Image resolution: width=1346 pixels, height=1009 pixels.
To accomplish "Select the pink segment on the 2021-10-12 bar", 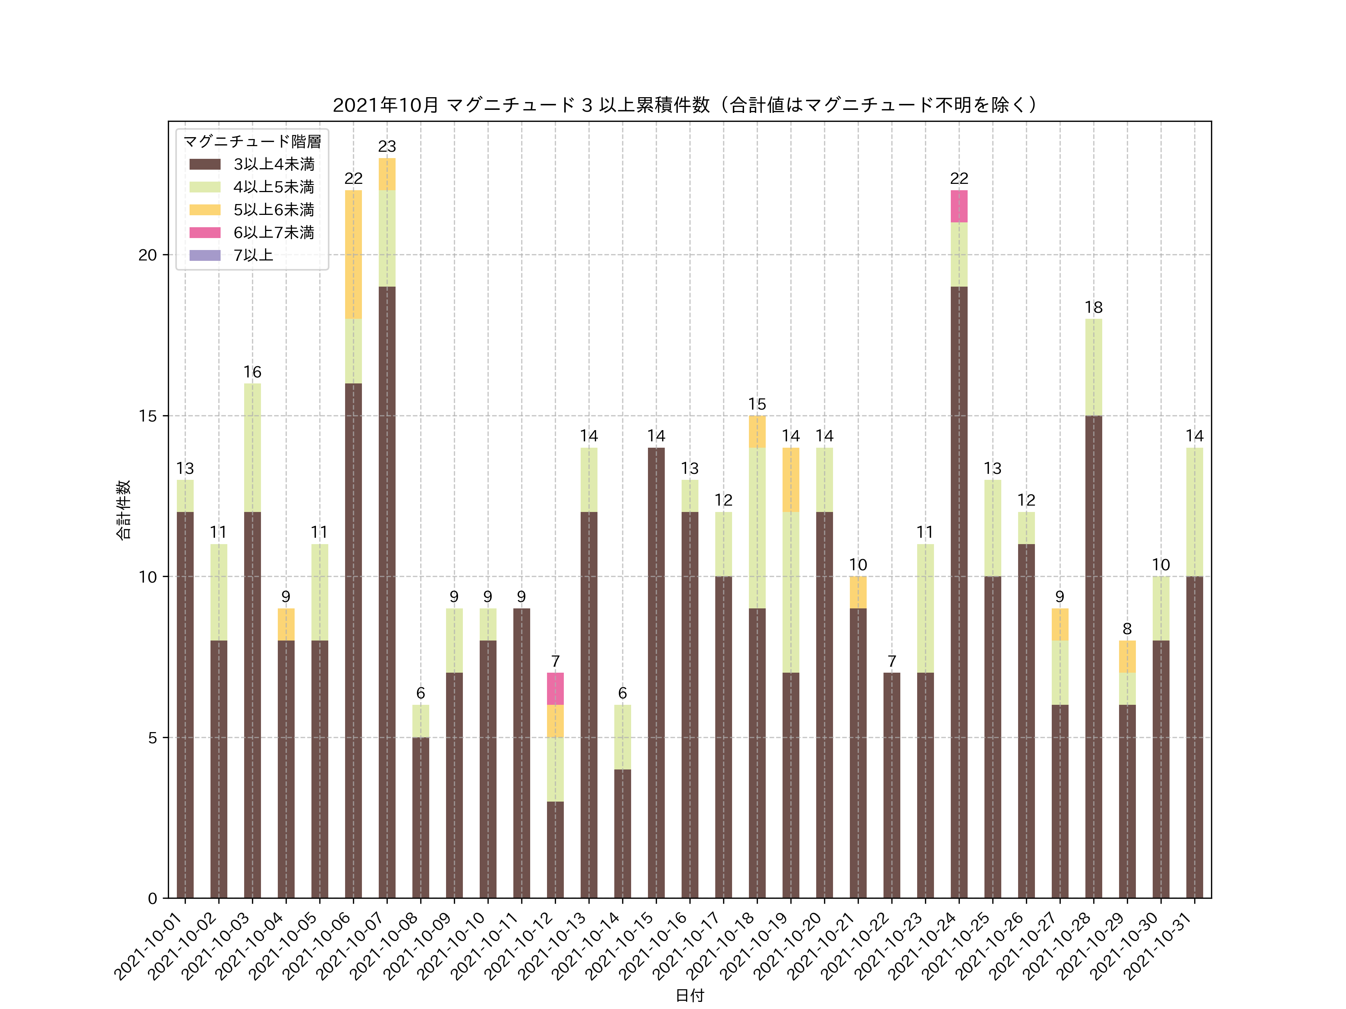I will pos(555,688).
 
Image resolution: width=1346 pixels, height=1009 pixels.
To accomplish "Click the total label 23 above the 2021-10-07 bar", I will pos(387,146).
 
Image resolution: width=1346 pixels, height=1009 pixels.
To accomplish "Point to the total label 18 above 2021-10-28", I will pos(1094,307).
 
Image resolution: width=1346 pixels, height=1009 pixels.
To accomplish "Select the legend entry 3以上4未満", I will pos(274,164).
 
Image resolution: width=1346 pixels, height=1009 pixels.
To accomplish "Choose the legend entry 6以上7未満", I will pos(274,232).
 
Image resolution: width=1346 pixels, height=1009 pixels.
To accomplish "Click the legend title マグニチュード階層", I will pos(252,142).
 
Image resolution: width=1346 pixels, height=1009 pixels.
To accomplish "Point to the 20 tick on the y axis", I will pos(147,255).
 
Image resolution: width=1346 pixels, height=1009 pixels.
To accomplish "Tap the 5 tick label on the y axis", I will pos(152,738).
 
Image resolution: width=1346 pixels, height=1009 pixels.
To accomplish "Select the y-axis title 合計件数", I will pos(123,510).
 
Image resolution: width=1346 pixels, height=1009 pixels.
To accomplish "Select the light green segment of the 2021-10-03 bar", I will pos(252,448).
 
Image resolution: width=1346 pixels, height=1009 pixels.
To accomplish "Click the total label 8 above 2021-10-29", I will pos(1127,629).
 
